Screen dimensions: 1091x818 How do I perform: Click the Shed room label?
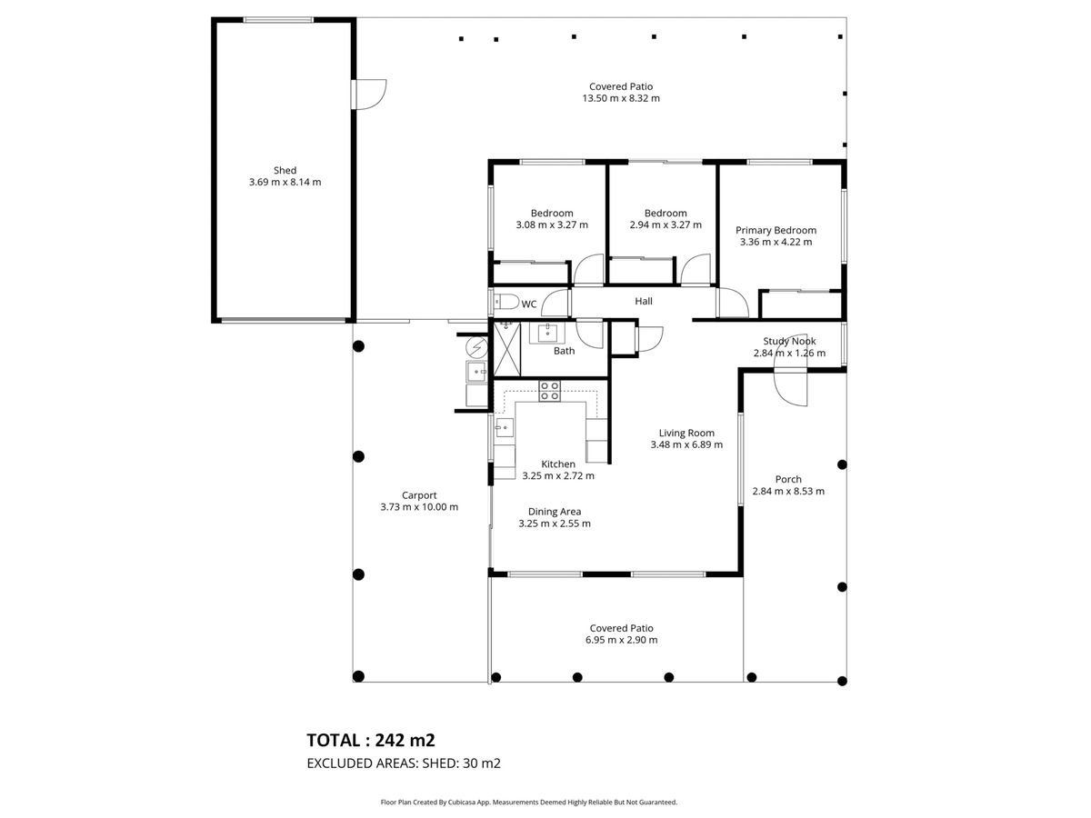285,170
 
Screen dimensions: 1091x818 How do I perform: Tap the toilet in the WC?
506,302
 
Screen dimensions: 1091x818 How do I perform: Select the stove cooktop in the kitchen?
550,391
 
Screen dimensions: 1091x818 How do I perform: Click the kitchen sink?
504,427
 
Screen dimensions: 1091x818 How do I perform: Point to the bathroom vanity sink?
547,333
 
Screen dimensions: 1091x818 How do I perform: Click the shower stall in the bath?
506,349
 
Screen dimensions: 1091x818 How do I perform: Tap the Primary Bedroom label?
776,231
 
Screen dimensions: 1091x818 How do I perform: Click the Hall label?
644,301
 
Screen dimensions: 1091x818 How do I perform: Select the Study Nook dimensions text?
789,354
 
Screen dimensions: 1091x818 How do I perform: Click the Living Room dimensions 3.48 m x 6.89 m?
686,444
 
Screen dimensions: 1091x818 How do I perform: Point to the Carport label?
419,495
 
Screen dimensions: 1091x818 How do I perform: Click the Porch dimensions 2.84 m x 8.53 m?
788,491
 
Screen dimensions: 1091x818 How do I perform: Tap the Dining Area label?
555,512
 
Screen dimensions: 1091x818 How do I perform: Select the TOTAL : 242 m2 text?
371,741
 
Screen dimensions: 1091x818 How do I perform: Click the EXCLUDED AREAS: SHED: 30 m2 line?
404,763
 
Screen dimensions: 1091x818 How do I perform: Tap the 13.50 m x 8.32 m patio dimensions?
621,98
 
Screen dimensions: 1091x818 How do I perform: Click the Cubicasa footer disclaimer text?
529,803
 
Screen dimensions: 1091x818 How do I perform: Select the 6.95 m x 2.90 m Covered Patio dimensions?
621,640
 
